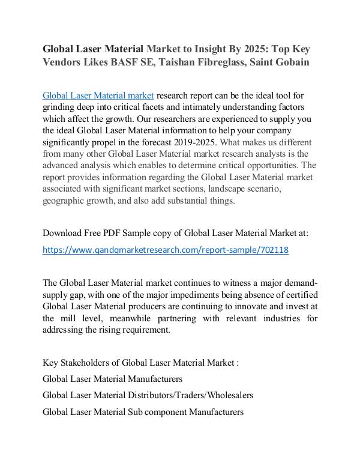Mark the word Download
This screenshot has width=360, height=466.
coord(64,232)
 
